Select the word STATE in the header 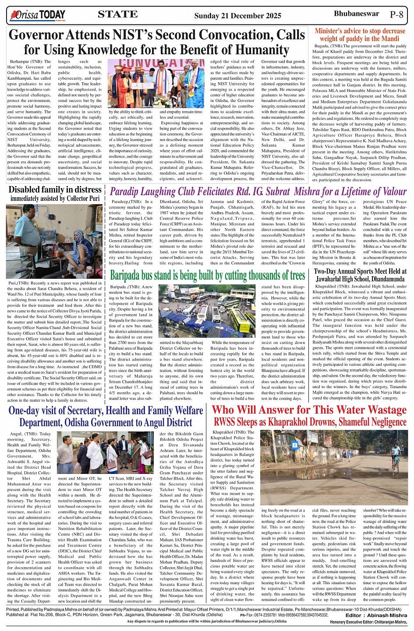click(117, 14)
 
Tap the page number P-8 click(396, 14)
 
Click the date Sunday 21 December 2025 click(237, 16)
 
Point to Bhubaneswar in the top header click(356, 14)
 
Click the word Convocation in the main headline click(238, 35)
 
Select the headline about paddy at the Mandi click(360, 35)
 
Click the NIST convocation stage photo click(156, 84)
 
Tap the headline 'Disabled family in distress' click(55, 189)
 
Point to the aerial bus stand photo click(207, 311)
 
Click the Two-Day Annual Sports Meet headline click(360, 275)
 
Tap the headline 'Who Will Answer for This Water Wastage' click(309, 410)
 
